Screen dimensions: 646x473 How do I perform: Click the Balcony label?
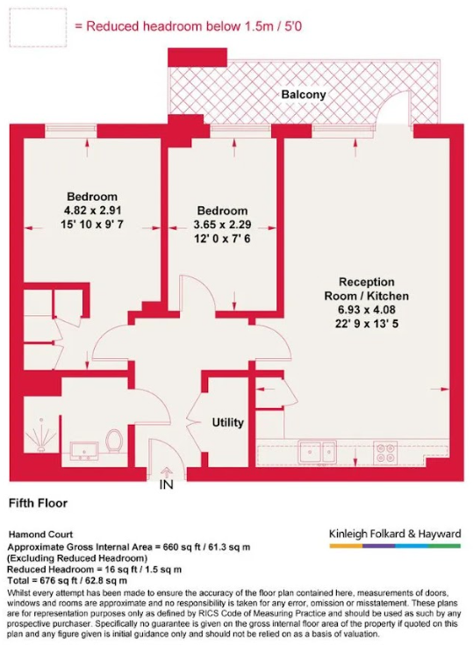[304, 94]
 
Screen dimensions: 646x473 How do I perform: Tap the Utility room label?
[228, 422]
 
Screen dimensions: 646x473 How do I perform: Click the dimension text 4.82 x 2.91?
[91, 212]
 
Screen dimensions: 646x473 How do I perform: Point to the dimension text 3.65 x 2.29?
[221, 225]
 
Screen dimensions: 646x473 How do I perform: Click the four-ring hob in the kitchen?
[386, 453]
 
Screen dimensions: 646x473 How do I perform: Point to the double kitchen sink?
[317, 453]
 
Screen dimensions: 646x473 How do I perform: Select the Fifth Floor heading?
[38, 504]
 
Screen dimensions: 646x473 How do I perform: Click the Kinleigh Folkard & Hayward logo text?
[393, 533]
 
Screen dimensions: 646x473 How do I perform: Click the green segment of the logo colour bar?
[444, 546]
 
